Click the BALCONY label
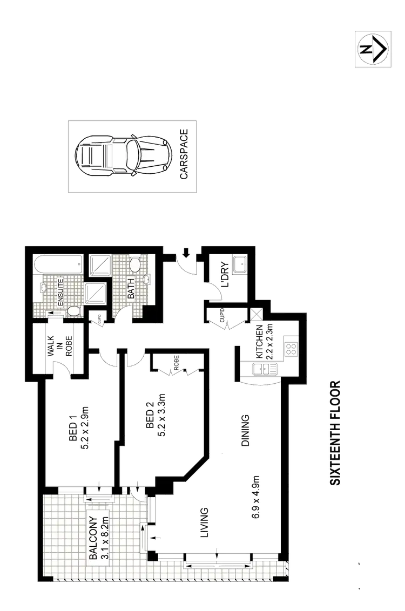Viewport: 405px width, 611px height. pos(92,534)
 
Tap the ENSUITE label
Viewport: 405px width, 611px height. pos(60,292)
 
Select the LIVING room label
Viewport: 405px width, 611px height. pos(204,522)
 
